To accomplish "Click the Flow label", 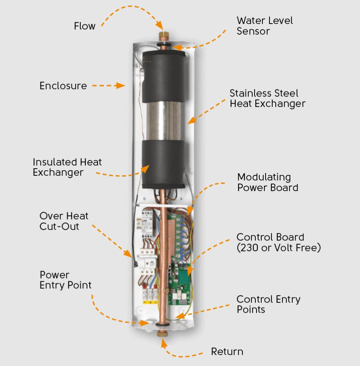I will [85, 26].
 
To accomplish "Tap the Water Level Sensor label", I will [264, 26].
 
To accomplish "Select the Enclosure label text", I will [63, 85].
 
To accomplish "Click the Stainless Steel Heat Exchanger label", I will [267, 98].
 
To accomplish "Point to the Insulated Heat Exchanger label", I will [67, 167].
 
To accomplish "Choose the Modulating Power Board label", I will [268, 182].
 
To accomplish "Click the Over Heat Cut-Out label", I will [64, 221].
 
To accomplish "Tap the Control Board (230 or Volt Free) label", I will [278, 242].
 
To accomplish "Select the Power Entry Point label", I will [65, 280].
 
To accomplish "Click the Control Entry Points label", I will [268, 304].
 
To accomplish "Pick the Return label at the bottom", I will [227, 351].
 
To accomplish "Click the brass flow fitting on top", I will [162, 36].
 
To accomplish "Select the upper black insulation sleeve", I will [163, 77].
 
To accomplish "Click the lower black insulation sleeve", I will [163, 163].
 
